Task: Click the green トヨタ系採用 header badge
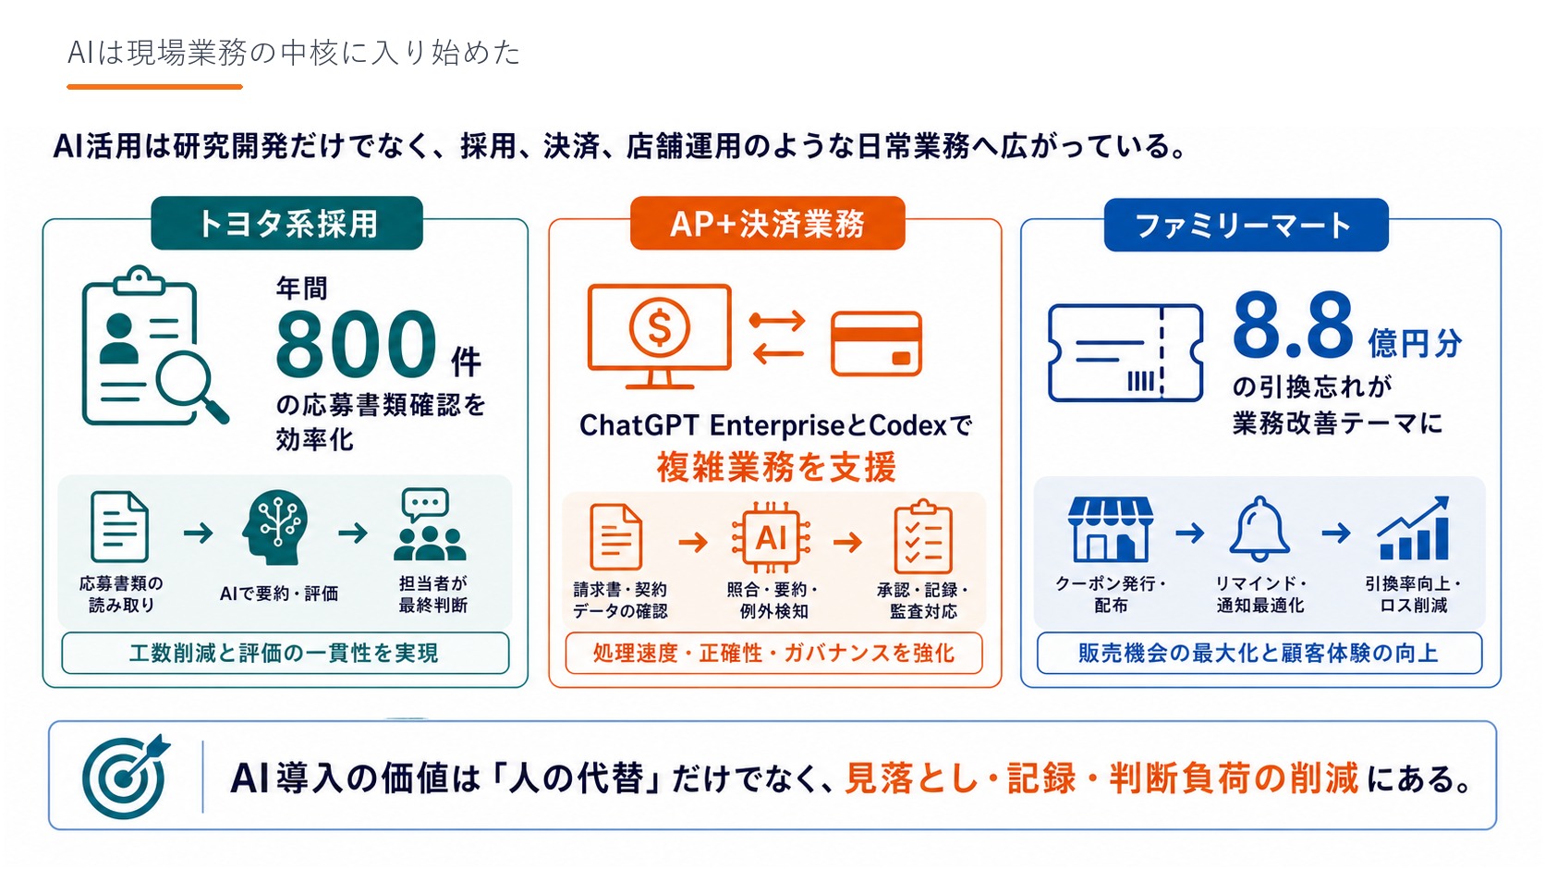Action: (x=287, y=223)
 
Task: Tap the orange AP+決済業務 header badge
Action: (x=768, y=223)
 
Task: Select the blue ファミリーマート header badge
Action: (x=1246, y=225)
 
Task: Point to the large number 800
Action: (x=356, y=343)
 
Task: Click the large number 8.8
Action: (x=1293, y=325)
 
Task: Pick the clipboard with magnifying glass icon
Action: (x=154, y=346)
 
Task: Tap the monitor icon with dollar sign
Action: (x=659, y=336)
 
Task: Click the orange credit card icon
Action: (x=876, y=344)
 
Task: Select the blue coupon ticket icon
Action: (x=1125, y=352)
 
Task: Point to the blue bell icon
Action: (x=1259, y=528)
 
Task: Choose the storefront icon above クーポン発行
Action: (x=1110, y=529)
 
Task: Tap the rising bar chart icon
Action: (x=1413, y=528)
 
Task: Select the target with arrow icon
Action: (x=125, y=777)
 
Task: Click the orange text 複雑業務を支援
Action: (x=776, y=467)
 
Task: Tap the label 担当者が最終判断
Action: (x=433, y=594)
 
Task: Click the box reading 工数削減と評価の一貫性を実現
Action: (x=286, y=653)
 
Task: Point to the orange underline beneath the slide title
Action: (x=154, y=87)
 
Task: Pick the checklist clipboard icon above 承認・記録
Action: (x=923, y=538)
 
